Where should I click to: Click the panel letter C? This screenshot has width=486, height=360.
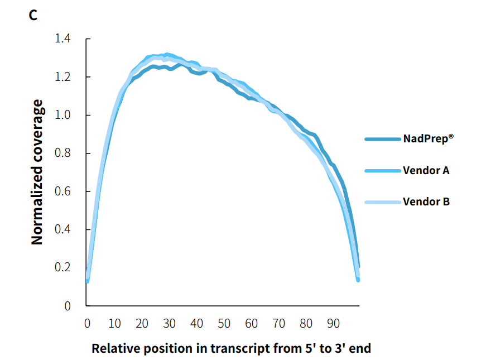[x=33, y=16]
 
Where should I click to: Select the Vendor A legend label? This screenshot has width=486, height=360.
[x=426, y=170]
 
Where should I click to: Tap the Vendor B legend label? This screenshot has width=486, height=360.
[x=426, y=201]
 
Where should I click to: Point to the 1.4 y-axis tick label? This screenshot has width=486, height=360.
[x=62, y=39]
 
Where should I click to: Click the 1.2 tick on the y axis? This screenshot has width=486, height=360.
[x=62, y=77]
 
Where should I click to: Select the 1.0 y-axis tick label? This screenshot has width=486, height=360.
[x=62, y=116]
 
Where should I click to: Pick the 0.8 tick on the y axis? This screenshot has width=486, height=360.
[x=62, y=153]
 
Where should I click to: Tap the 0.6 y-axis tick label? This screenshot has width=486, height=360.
[x=62, y=191]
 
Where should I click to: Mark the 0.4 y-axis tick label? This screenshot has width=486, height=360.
[x=62, y=230]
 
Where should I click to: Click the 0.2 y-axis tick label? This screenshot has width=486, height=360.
[x=62, y=268]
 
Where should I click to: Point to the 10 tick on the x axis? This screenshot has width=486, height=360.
[x=114, y=324]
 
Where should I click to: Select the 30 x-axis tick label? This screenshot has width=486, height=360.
[x=169, y=324]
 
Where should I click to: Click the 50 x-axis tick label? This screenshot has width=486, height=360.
[x=224, y=324]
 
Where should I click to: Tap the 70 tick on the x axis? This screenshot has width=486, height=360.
[x=278, y=324]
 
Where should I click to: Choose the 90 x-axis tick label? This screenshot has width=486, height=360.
[x=333, y=324]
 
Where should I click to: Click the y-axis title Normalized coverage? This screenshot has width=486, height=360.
[x=37, y=172]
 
